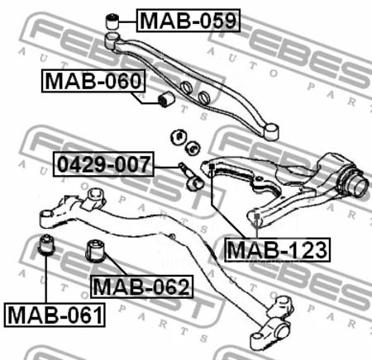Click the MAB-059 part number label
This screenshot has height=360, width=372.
pyautogui.click(x=188, y=21)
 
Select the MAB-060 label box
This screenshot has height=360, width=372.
pyautogui.click(x=93, y=81)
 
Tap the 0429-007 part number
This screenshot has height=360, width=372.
pyautogui.click(x=103, y=164)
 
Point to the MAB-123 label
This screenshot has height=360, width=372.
pyautogui.click(x=277, y=249)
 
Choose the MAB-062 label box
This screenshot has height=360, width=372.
pyautogui.click(x=141, y=287)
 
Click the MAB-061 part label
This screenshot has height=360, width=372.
pyautogui.click(x=55, y=315)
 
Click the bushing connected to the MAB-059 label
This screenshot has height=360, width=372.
pyautogui.click(x=112, y=21)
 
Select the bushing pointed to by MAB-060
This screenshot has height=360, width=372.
pyautogui.click(x=166, y=99)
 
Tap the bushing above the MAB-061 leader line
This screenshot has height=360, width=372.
pyautogui.click(x=46, y=244)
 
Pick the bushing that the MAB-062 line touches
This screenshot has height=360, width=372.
pyautogui.click(x=96, y=251)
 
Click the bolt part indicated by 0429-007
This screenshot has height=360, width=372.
pyautogui.click(x=191, y=177)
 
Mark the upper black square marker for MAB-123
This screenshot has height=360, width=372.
pyautogui.click(x=212, y=167)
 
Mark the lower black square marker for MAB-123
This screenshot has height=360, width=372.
pyautogui.click(x=256, y=216)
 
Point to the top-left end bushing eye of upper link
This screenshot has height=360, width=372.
pyautogui.click(x=112, y=40)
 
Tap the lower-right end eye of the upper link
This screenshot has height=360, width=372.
pyautogui.click(x=271, y=131)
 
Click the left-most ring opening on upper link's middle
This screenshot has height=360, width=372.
pyautogui.click(x=187, y=88)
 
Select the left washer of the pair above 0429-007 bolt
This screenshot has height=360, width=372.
pyautogui.click(x=179, y=137)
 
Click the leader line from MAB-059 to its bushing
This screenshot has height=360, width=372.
pyautogui.click(x=127, y=21)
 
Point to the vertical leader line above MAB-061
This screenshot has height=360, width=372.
pyautogui.click(x=46, y=279)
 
